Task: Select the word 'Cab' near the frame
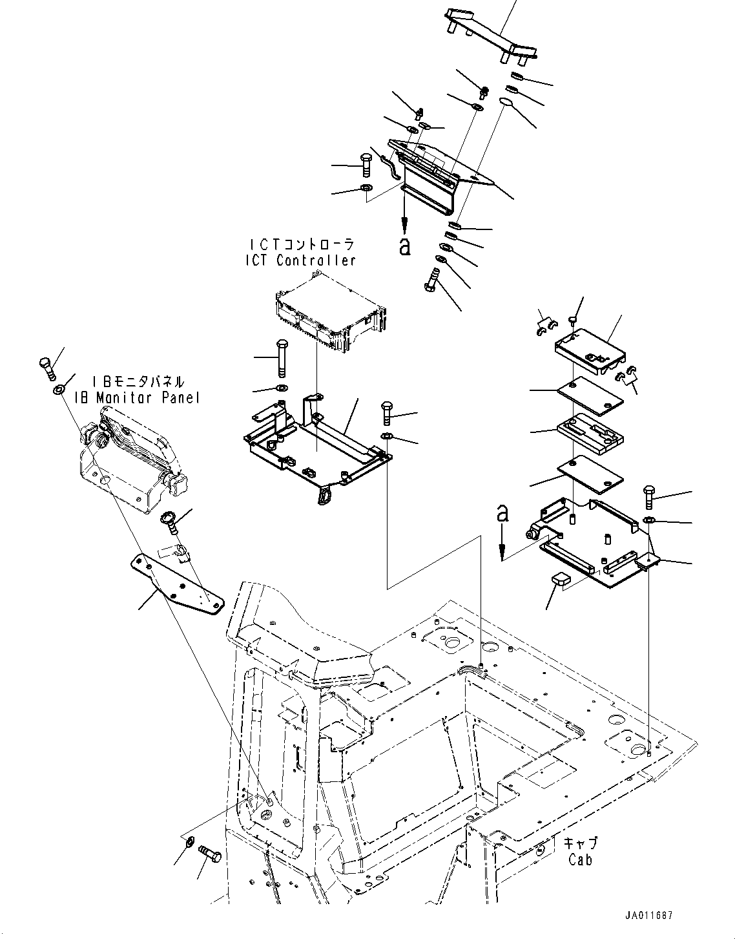click(580, 860)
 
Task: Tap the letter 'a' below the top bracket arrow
click(405, 246)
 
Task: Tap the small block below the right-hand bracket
click(559, 578)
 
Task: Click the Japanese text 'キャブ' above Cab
click(580, 844)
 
